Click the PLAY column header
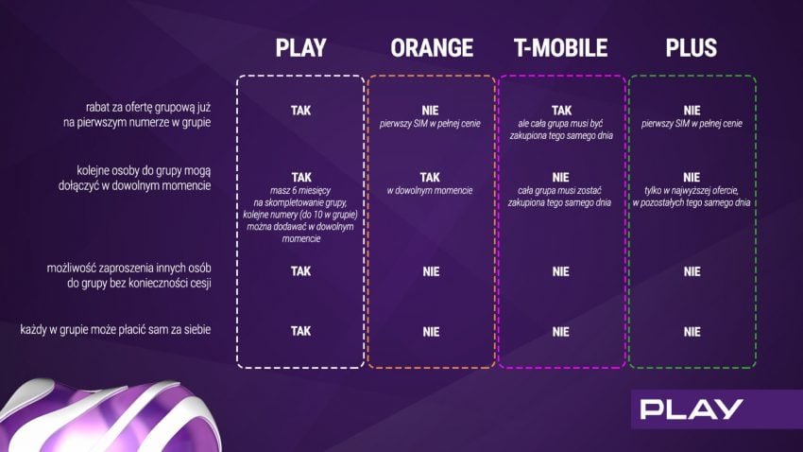pos(300,48)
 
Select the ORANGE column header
pos(432,48)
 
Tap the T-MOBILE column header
pos(561,48)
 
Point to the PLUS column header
pos(692,48)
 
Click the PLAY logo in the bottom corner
pos(692,409)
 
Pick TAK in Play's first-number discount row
pos(300,111)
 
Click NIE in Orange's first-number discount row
pos(430,111)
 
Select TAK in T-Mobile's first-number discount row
pos(561,111)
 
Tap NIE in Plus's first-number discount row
pos(692,111)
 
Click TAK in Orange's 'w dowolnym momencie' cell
pos(430,178)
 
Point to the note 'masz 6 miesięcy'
pos(300,191)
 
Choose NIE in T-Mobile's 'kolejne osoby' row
pos(561,178)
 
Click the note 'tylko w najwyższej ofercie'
pos(692,191)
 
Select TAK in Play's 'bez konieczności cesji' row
pos(300,271)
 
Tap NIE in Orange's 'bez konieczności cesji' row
pos(431,271)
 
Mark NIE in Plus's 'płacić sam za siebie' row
pos(692,332)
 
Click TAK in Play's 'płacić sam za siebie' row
pos(300,331)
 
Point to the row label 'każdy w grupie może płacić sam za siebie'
pos(115,329)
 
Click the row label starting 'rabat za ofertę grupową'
pos(137,114)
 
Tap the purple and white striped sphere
pos(111,416)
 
